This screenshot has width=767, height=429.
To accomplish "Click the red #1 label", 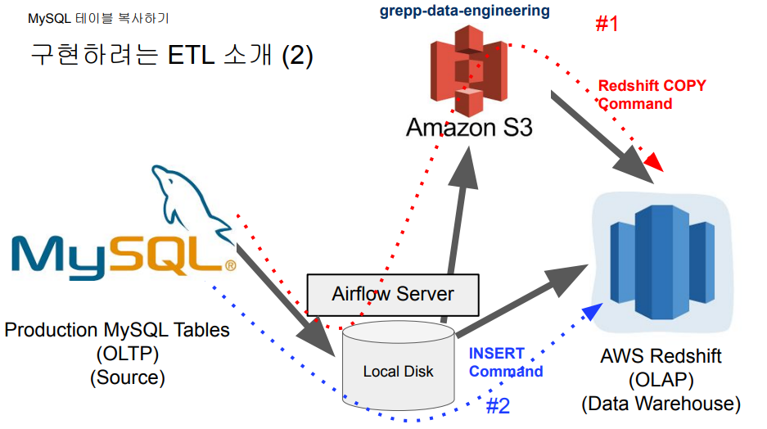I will click(x=607, y=24).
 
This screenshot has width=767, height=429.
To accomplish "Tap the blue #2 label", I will click(x=498, y=406).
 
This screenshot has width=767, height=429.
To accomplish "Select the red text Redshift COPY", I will click(x=652, y=86).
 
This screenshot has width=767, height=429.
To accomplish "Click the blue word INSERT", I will click(x=496, y=354).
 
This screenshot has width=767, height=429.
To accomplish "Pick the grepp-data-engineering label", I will click(x=465, y=11).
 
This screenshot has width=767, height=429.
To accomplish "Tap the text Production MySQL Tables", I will click(x=117, y=331).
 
